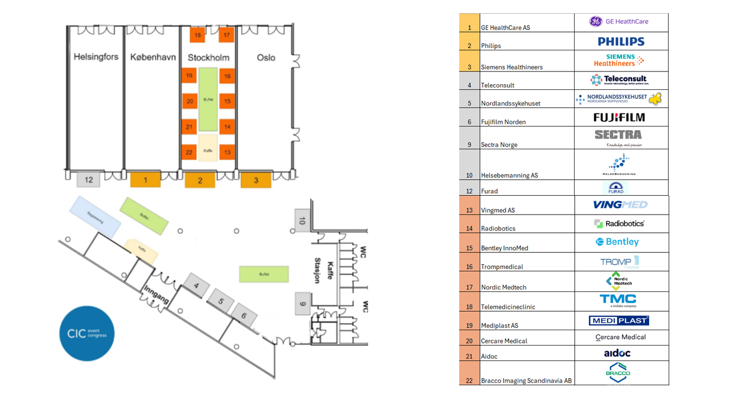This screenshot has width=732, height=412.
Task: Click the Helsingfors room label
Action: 96,57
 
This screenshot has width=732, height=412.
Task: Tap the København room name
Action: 153,57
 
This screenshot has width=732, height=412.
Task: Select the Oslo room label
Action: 266,57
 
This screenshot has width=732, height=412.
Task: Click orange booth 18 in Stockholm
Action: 197,35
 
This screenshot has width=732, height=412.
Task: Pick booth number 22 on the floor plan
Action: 189,152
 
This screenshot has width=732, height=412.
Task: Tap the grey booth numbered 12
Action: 89,180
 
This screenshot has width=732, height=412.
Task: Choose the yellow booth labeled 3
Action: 256,180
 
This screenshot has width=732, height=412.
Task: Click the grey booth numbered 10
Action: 302,221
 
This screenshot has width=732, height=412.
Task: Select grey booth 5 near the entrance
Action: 220,300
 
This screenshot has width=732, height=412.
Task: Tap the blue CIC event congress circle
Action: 87,334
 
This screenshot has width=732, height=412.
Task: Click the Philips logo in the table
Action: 621,41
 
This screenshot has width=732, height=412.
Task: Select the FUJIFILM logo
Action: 619,117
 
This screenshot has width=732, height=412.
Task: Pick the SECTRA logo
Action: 618,135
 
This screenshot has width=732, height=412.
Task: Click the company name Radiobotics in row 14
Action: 498,228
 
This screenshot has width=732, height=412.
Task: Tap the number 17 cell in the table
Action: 470,287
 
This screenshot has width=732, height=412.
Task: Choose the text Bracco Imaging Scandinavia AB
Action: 526,381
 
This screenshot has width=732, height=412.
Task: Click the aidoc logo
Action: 617,353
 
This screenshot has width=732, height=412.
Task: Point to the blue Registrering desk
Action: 95,216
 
